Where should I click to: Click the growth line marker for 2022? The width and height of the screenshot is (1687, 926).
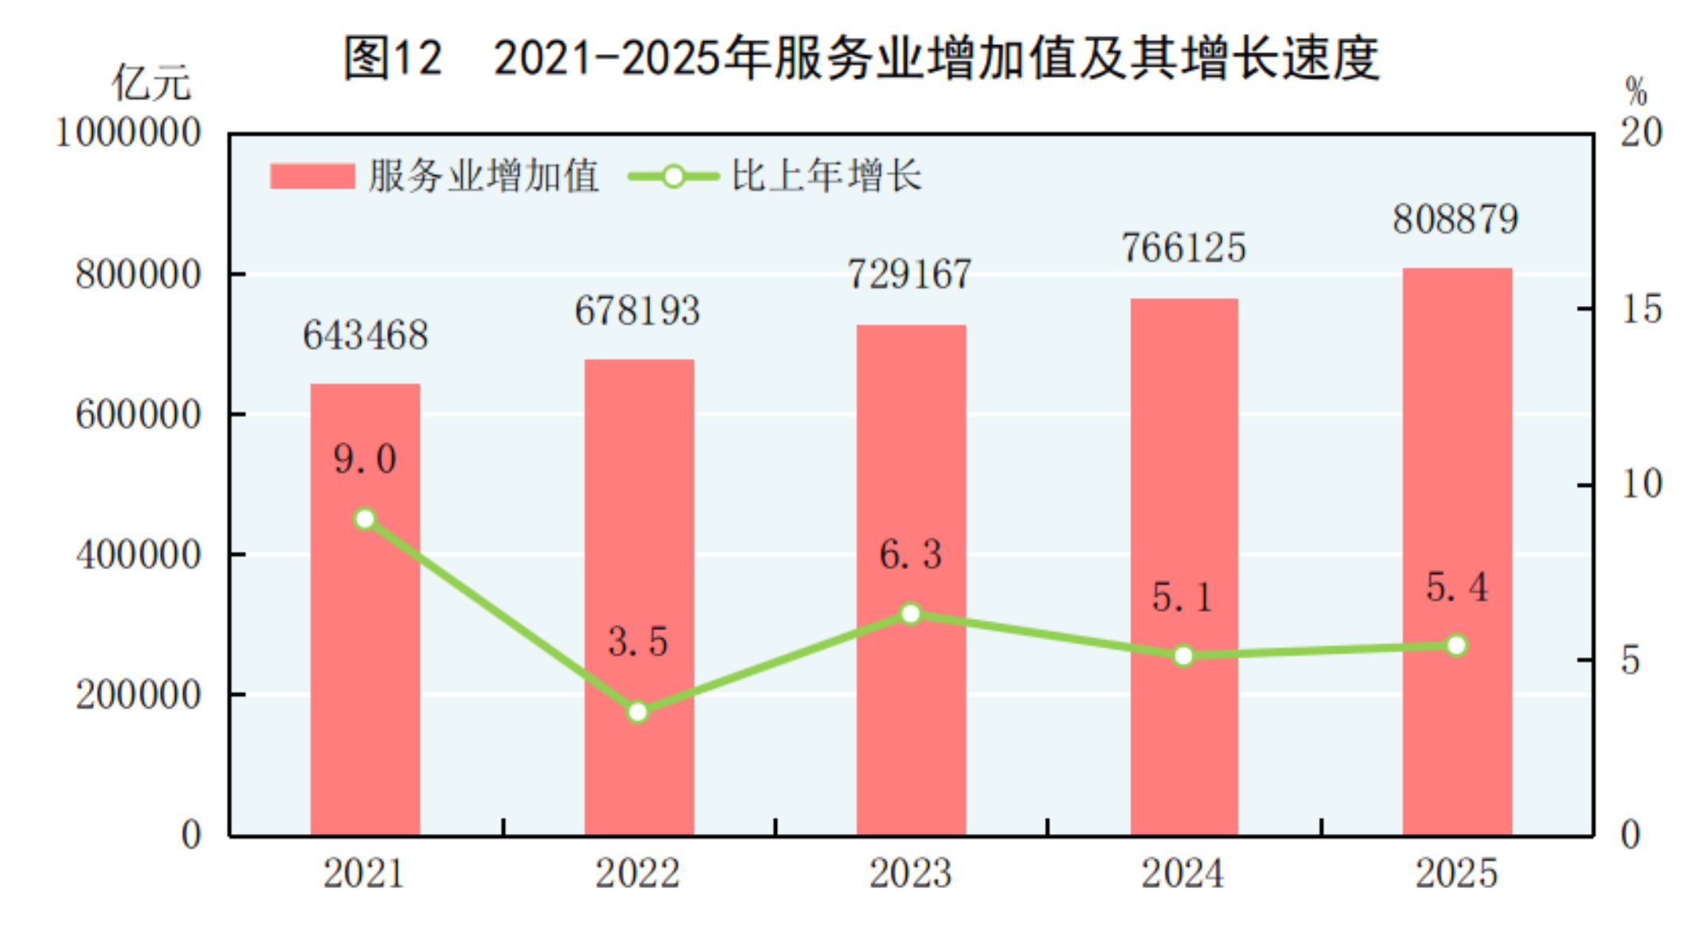(x=638, y=712)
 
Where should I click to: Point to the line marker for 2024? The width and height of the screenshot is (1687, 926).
(x=1184, y=656)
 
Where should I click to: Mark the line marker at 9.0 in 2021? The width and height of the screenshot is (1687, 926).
(x=365, y=519)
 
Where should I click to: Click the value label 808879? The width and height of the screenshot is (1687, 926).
(x=1456, y=220)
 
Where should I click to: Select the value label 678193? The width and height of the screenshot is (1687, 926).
(x=637, y=311)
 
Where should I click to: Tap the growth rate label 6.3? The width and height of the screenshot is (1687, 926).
(x=910, y=554)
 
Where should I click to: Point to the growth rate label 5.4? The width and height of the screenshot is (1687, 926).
(x=1456, y=587)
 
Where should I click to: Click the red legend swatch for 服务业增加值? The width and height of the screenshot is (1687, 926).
(x=312, y=176)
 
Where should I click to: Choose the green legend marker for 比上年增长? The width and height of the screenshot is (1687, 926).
(x=673, y=176)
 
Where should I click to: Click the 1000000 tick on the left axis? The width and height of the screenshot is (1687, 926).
(x=128, y=132)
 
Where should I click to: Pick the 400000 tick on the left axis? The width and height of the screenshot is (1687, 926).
(x=139, y=554)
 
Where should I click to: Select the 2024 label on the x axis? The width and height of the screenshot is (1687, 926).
(x=1183, y=874)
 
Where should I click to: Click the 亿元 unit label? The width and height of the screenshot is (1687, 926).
(x=151, y=83)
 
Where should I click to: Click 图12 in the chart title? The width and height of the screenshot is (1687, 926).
(x=392, y=58)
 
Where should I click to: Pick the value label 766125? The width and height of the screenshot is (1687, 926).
(x=1183, y=248)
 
